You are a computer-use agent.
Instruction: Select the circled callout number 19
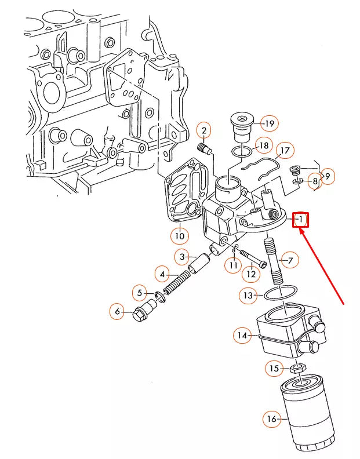click(x=270, y=123)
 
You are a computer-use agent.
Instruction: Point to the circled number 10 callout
click(x=180, y=235)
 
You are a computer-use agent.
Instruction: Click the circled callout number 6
click(x=118, y=312)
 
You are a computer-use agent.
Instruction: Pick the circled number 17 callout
click(x=284, y=151)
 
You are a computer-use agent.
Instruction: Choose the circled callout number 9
click(x=328, y=176)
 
